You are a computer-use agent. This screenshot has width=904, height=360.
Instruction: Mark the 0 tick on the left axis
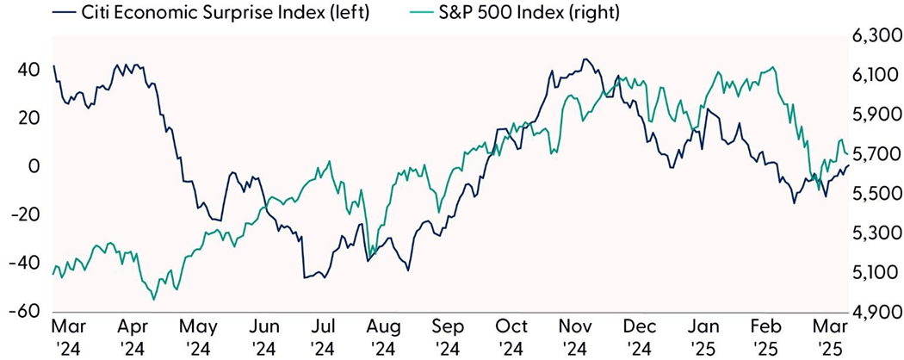[x=34, y=166]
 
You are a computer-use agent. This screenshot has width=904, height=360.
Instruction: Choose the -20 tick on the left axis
[x=26, y=214]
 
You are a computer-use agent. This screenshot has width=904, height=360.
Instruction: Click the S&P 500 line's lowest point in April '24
[x=154, y=299]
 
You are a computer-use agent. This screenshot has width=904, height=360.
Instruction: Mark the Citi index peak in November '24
[x=585, y=59]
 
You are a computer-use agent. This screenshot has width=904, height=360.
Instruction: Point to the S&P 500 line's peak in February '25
[x=775, y=67]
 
